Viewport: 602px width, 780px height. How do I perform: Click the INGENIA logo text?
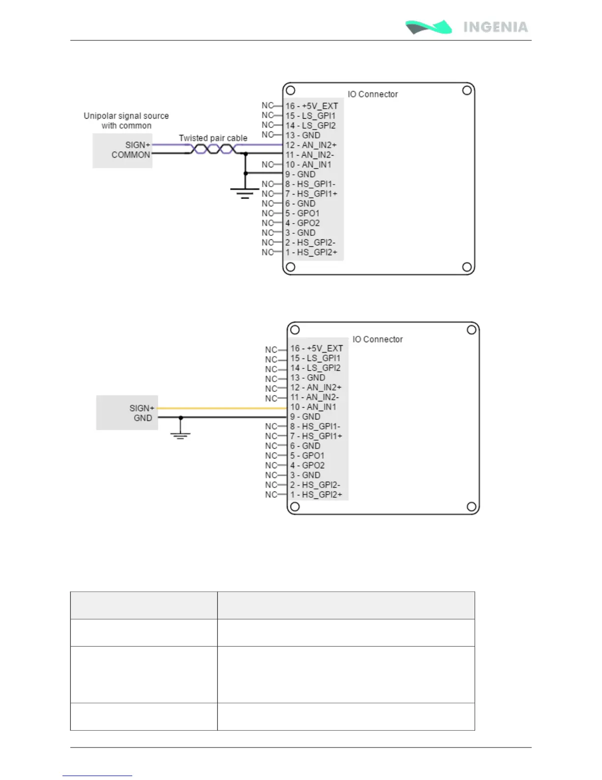pos(495,27)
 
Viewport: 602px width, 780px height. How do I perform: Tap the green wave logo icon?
pos(428,27)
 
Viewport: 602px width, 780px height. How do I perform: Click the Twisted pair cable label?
pos(213,138)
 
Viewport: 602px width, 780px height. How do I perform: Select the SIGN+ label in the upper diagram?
pos(138,145)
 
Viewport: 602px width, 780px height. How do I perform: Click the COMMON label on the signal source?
pos(131,155)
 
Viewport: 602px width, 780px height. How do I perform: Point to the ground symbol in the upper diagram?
pos(245,193)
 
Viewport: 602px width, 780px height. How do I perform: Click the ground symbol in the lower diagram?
pos(181,435)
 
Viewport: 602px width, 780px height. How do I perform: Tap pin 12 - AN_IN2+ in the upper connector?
pos(311,145)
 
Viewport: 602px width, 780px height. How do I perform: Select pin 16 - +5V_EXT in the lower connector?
pos(316,348)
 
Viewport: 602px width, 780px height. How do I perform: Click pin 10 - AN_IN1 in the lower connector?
pos(313,407)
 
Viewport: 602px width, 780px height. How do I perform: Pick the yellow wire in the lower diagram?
pos(221,408)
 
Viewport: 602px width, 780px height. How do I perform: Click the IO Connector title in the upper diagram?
pos(373,94)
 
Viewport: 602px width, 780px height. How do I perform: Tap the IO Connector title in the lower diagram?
pos(378,339)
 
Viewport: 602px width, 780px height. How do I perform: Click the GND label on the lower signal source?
pos(143,418)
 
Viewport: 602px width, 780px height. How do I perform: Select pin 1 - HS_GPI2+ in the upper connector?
pos(311,252)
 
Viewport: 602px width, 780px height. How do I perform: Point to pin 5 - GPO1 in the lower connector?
pos(307,455)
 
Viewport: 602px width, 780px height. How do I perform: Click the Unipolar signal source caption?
pos(126,121)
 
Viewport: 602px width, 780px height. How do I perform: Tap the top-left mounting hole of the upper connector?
pos(291,91)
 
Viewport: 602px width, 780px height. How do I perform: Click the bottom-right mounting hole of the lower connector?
pos(471,506)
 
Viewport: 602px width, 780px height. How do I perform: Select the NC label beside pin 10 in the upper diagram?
pos(267,164)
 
